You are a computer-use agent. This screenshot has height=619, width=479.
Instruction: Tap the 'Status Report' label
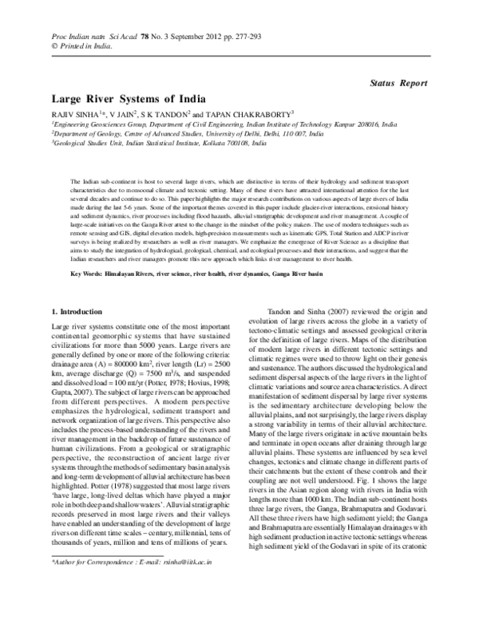402,82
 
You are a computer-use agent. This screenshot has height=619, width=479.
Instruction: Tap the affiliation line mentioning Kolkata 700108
160,144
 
